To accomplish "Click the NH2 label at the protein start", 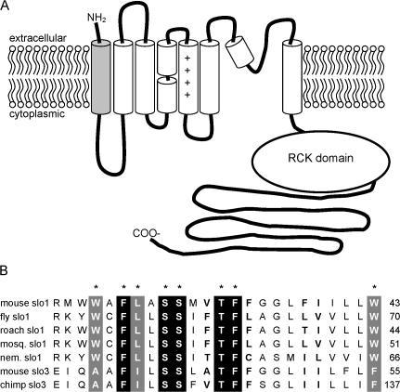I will (97, 19).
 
